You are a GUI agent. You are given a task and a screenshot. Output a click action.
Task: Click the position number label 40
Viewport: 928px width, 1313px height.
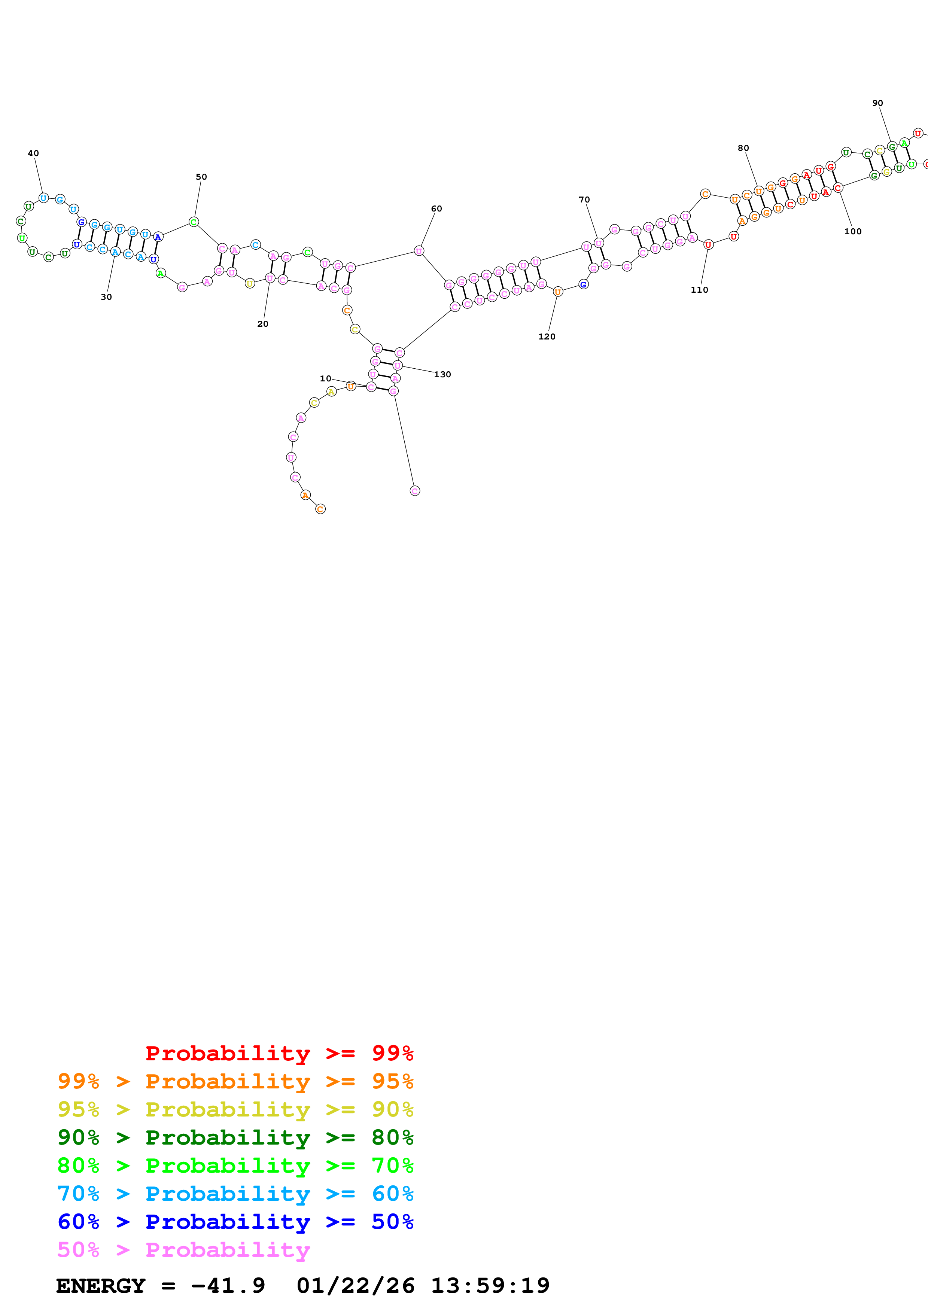click(x=33, y=153)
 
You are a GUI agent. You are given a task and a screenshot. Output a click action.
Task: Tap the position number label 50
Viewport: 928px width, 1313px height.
click(x=201, y=177)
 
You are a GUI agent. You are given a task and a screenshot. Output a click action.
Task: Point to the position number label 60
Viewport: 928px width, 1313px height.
click(x=436, y=209)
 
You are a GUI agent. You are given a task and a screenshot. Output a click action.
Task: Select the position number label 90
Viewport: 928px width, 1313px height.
click(x=877, y=103)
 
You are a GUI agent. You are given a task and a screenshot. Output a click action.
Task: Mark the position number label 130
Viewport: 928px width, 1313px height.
click(x=442, y=375)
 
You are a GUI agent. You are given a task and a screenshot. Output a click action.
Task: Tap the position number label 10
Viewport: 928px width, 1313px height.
click(x=325, y=378)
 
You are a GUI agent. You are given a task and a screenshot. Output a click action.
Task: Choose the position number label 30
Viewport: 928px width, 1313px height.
click(x=106, y=297)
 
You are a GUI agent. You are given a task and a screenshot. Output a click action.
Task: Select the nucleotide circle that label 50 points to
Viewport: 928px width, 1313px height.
click(x=194, y=222)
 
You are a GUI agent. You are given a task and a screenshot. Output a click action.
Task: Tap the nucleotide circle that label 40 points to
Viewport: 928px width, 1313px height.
click(x=43, y=198)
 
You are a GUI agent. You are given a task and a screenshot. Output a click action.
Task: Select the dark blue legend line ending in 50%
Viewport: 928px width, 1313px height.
click(x=235, y=1222)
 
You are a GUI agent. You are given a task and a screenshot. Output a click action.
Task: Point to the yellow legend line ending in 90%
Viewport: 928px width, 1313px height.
click(x=235, y=1109)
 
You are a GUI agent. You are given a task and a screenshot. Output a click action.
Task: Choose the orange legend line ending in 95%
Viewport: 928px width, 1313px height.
click(x=235, y=1081)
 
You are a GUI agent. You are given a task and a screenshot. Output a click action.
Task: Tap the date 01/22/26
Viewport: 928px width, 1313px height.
click(x=355, y=1286)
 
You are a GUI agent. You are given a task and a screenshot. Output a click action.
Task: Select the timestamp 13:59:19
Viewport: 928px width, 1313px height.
click(x=490, y=1286)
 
